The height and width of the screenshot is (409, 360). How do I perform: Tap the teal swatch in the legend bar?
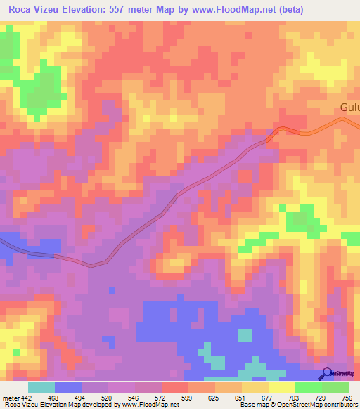[x=41, y=387]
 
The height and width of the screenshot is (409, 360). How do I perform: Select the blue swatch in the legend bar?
[x=68, y=387]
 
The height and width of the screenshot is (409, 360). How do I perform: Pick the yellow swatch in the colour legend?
[x=282, y=387]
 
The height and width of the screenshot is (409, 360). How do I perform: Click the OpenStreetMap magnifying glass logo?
[x=327, y=372]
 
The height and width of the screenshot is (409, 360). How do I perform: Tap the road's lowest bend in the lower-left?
[x=91, y=266]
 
